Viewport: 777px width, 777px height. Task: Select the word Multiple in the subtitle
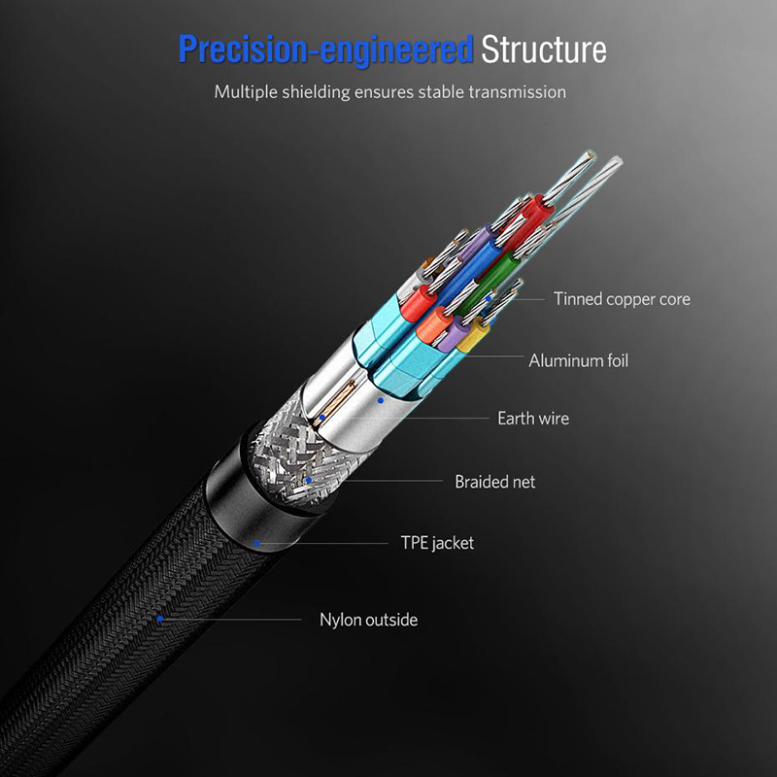click(247, 92)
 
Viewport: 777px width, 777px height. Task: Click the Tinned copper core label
click(622, 299)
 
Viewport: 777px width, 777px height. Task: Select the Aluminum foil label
click(578, 360)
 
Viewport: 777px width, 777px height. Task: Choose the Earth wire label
click(533, 419)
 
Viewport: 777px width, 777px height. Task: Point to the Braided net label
click(494, 482)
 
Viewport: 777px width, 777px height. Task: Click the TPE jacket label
click(437, 543)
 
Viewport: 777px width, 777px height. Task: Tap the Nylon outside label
click(368, 619)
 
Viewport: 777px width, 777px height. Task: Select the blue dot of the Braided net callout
click(309, 480)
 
